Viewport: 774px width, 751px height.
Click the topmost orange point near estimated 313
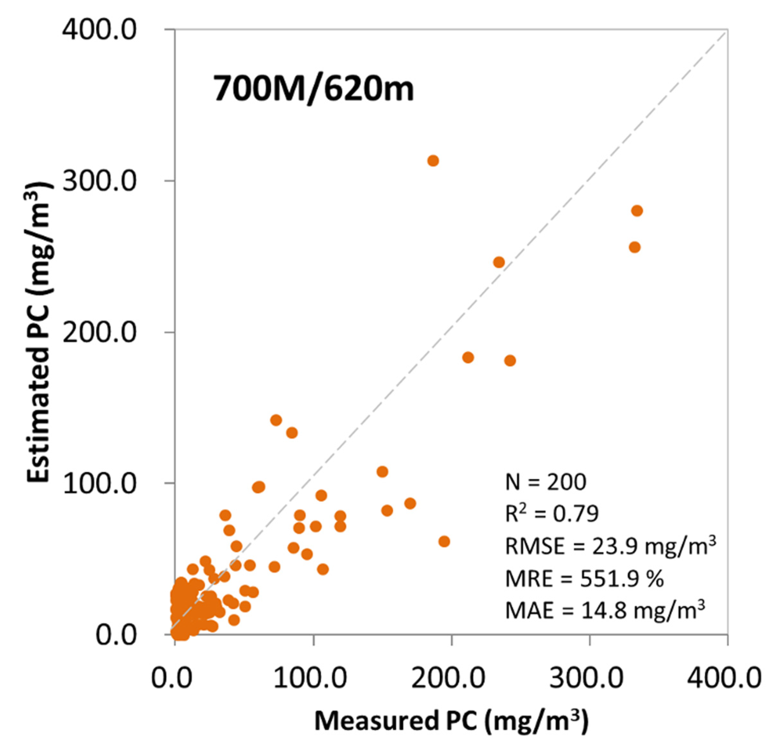(433, 161)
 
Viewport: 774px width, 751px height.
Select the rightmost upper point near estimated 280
(637, 211)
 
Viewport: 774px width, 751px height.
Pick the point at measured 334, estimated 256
(635, 247)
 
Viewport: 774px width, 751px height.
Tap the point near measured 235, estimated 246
(499, 262)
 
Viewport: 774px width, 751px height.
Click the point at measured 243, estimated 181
(510, 360)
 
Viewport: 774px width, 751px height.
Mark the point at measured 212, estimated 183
(468, 357)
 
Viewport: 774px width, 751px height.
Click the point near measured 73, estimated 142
(276, 420)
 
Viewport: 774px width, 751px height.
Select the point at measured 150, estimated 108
(382, 471)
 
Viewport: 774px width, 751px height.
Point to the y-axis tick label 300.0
(100, 181)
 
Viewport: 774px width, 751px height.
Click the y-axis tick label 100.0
(100, 484)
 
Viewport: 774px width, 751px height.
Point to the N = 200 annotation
(546, 482)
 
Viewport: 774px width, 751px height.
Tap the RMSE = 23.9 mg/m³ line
(610, 546)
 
